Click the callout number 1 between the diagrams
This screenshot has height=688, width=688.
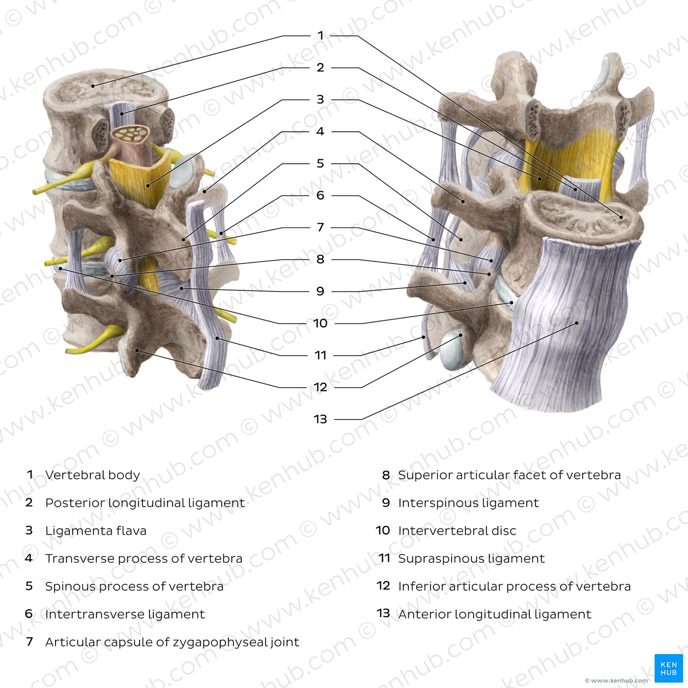[x=320, y=35]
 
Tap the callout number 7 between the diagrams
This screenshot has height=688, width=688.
[x=320, y=227]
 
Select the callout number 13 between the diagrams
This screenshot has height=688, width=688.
[x=320, y=419]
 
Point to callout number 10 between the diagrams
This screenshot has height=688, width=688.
[x=320, y=323]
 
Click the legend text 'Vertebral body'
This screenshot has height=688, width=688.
[x=92, y=475]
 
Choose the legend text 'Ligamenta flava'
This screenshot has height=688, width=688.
[x=96, y=531]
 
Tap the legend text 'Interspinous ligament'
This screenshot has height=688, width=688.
[x=468, y=503]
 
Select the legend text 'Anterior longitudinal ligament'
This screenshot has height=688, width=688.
[x=494, y=614]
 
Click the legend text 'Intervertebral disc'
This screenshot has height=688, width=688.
[x=457, y=531]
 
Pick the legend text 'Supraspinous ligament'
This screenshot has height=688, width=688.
[x=471, y=559]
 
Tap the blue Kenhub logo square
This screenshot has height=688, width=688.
[x=668, y=668]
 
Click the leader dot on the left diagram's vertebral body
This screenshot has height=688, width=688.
[x=93, y=86]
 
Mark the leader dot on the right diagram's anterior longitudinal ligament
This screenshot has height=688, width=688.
[x=576, y=323]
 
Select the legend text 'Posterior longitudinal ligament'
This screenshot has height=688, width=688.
[x=145, y=503]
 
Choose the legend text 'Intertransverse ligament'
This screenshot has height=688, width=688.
[x=125, y=614]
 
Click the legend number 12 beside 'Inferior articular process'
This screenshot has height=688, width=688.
[x=383, y=586]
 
